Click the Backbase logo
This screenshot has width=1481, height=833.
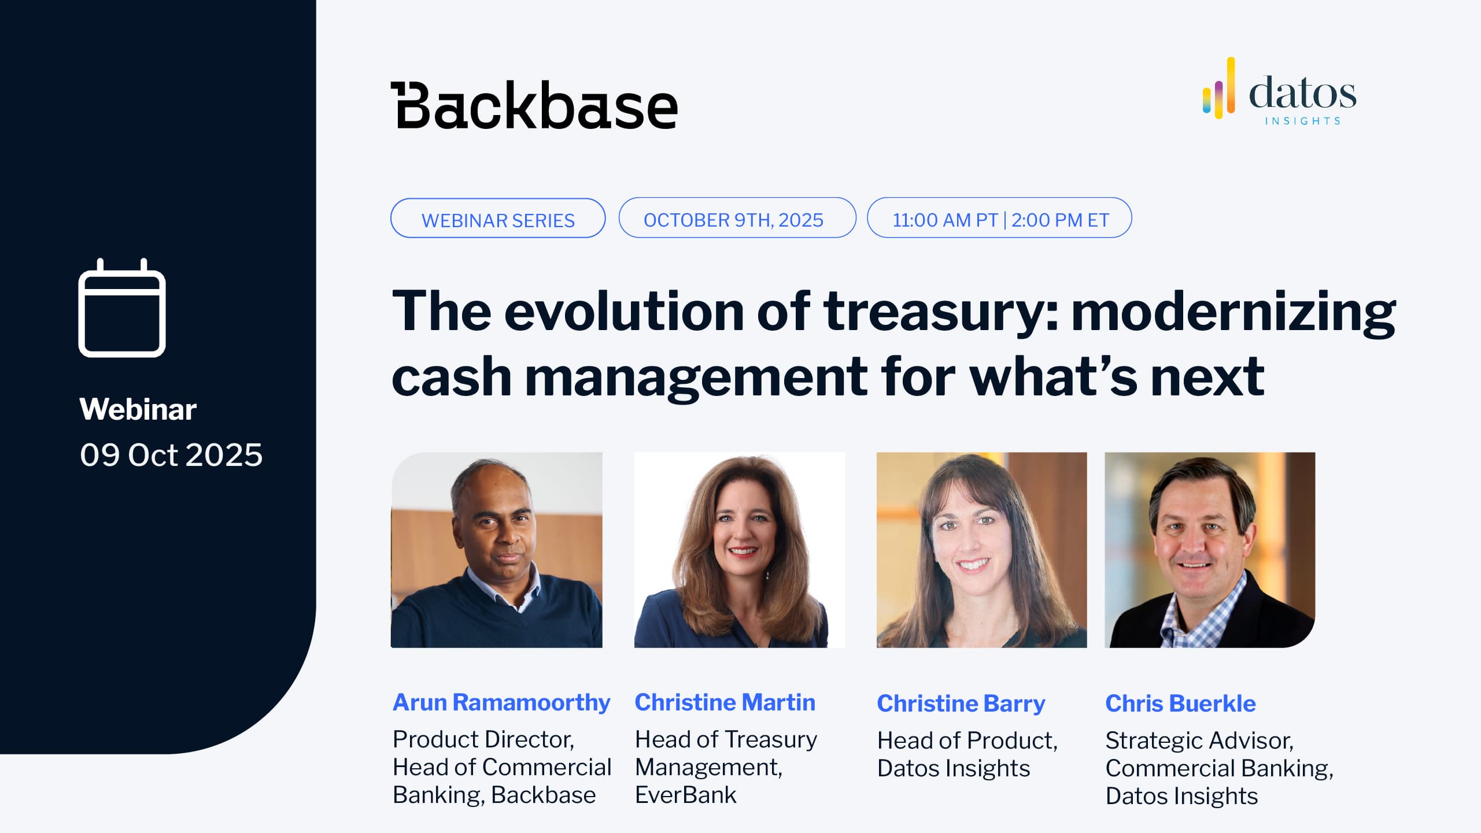coord(534,105)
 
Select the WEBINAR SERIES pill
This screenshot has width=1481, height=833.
coord(498,219)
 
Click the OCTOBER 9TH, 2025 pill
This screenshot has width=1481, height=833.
coord(737,218)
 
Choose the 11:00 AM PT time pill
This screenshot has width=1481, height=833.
coord(999,218)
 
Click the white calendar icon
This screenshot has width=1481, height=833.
coord(122,308)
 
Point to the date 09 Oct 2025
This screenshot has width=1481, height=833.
coord(171,455)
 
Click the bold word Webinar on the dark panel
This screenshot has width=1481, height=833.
coord(138,409)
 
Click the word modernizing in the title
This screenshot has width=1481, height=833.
coord(1233,313)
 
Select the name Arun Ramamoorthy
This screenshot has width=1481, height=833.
coord(501,702)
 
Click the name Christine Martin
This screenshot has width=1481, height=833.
coord(725,702)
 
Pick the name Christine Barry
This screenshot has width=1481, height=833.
coord(961,704)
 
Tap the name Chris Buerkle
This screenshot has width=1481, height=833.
coord(1180,704)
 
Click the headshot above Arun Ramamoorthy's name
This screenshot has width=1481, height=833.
coord(497,550)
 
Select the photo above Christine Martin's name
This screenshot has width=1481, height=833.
coord(740,550)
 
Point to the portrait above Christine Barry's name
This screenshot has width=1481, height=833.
coord(982,550)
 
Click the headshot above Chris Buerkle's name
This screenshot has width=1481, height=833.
coord(1210,550)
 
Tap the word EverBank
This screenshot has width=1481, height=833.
coord(686,795)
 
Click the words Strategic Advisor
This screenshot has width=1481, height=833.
coord(1199,741)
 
